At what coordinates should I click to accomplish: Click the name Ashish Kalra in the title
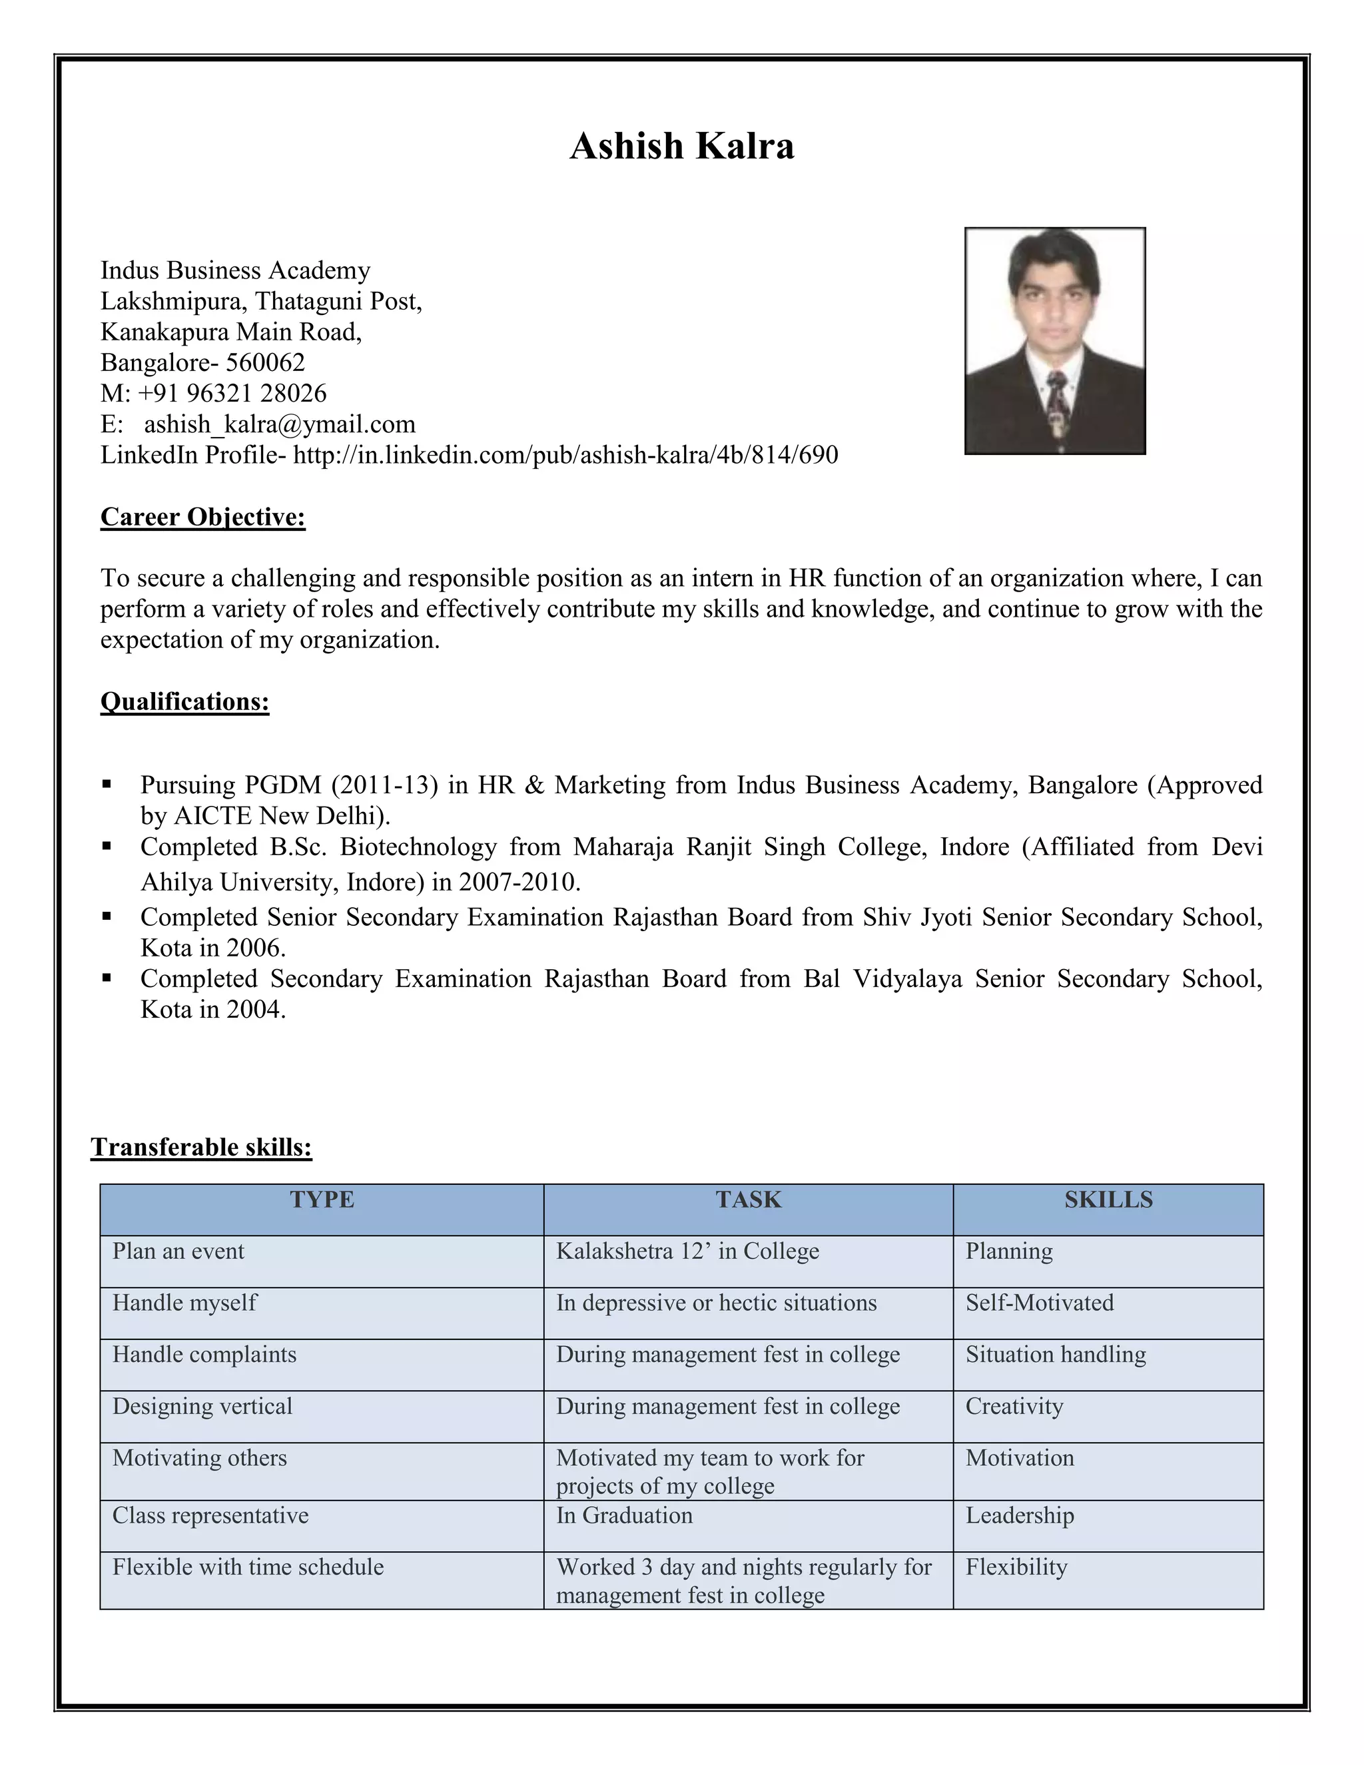click(x=681, y=147)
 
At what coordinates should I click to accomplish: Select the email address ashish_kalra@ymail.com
click(x=280, y=424)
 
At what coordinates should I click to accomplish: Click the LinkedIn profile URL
click(x=565, y=455)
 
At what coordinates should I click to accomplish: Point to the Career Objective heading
click(x=203, y=518)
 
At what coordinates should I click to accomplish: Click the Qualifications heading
click(x=184, y=701)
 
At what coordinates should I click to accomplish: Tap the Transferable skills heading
click(x=201, y=1147)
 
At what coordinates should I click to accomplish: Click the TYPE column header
click(x=322, y=1200)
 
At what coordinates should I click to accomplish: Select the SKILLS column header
click(x=1108, y=1200)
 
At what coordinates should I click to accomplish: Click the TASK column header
click(x=748, y=1200)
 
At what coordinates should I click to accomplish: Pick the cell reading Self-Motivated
click(x=1039, y=1303)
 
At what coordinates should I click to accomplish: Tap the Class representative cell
click(x=210, y=1515)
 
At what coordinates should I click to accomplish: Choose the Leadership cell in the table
click(x=1020, y=1515)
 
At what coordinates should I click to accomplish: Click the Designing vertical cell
click(x=202, y=1406)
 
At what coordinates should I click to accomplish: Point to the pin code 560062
click(x=265, y=363)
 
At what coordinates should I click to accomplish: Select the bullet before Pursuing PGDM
click(x=107, y=784)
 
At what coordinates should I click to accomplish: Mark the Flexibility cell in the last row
click(x=1016, y=1567)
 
